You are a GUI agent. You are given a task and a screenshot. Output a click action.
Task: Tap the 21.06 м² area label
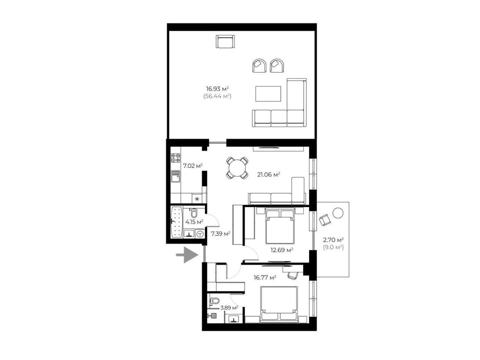(x=268, y=174)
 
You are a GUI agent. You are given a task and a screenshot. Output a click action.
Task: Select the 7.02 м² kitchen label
(x=193, y=166)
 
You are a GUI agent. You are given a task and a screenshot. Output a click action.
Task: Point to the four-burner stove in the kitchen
(x=175, y=158)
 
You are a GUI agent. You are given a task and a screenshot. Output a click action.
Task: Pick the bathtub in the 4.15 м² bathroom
(x=177, y=222)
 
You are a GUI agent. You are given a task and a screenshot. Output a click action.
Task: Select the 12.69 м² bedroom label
(x=282, y=250)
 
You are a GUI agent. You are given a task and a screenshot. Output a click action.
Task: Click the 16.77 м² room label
(x=265, y=277)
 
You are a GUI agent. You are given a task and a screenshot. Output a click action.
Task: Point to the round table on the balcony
(x=338, y=213)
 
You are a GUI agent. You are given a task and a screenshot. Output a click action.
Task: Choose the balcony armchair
(x=325, y=220)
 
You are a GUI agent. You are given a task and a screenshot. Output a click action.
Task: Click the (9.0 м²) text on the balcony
(x=333, y=247)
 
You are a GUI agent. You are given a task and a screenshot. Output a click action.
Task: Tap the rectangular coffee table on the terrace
(x=268, y=94)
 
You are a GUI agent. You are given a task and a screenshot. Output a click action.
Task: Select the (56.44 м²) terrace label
(x=217, y=96)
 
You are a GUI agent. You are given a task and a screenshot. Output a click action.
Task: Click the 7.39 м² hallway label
(x=220, y=234)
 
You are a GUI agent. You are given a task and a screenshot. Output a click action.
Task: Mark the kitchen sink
(x=175, y=176)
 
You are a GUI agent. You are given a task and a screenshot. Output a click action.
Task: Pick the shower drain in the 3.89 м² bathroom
(x=214, y=315)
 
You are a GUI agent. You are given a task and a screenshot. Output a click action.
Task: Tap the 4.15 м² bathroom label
(x=194, y=222)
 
